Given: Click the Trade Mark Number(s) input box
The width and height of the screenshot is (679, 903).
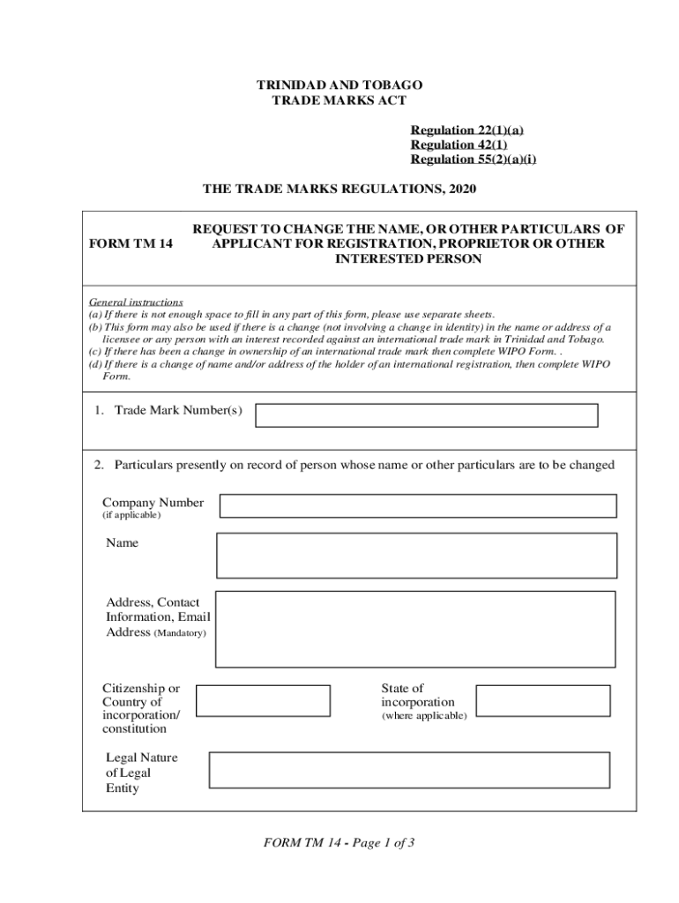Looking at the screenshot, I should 426,415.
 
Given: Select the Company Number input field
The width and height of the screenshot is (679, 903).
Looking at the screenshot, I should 417,505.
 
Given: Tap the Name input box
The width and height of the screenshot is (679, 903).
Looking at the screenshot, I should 416,556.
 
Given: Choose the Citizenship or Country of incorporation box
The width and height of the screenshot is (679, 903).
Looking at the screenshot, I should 263,701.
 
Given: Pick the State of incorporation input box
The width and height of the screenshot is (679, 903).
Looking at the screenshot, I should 542,701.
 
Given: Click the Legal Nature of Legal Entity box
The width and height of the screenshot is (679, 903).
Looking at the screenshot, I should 409,770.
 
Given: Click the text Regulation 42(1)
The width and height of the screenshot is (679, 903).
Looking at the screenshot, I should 459,145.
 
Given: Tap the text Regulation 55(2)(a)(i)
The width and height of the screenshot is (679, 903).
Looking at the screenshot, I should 473,159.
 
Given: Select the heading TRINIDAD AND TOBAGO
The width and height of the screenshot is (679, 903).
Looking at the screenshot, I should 339,86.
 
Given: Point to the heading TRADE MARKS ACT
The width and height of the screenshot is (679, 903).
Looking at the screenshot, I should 339,101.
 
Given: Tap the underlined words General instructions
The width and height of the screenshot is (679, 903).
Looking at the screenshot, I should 136,302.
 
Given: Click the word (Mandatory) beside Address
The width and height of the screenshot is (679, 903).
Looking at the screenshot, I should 181,633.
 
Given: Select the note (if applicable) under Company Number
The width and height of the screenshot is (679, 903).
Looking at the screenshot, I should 131,515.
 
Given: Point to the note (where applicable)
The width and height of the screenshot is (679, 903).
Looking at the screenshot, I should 423,716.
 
